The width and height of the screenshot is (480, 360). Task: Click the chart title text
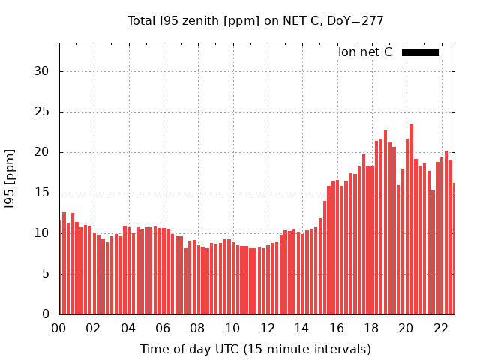tap(256, 21)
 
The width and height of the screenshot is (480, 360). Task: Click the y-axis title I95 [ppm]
tap(10, 178)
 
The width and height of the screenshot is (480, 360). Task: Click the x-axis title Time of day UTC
tap(256, 349)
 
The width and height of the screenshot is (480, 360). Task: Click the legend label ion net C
tap(365, 52)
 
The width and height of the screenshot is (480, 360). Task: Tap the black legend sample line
tap(420, 52)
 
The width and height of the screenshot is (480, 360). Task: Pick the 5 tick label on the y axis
tap(46, 274)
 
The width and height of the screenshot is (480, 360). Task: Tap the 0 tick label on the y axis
tap(46, 314)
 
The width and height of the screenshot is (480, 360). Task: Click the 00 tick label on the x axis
tap(59, 328)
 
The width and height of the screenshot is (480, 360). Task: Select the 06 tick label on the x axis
tap(163, 328)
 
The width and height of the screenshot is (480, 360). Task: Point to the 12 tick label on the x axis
tap(268, 328)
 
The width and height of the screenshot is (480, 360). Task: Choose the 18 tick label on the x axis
tap(371, 328)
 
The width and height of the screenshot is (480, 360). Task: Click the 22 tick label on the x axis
tap(441, 328)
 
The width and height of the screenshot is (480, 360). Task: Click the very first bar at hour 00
tap(61, 267)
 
